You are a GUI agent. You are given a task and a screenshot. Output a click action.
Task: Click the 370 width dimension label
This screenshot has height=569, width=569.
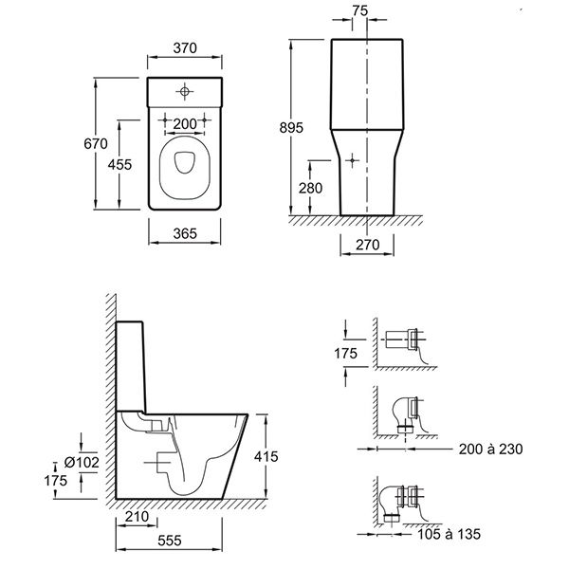(x=185, y=48)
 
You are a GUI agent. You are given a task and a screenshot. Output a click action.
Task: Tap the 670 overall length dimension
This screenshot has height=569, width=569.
(x=96, y=144)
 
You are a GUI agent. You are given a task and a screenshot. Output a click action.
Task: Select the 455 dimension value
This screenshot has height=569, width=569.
(x=119, y=165)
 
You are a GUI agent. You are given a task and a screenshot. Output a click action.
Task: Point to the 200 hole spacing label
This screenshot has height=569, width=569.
(x=185, y=124)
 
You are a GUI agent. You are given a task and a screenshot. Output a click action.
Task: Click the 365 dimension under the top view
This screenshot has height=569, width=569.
(x=185, y=233)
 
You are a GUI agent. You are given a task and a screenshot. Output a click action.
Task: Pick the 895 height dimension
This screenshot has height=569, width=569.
(x=291, y=128)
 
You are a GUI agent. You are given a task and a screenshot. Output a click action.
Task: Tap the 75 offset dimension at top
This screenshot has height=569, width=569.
(x=360, y=10)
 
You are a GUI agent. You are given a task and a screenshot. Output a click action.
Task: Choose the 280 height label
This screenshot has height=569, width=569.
(x=311, y=188)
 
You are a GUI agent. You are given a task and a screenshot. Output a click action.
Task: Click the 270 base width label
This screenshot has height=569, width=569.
(x=368, y=245)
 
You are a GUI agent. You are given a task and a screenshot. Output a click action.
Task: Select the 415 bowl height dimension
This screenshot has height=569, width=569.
(x=266, y=456)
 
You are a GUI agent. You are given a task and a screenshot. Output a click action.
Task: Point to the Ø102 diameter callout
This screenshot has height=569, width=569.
(x=82, y=463)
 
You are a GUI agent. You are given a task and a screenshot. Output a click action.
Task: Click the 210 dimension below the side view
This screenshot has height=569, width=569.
(x=137, y=517)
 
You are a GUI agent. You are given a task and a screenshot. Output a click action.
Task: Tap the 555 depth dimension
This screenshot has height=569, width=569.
(x=170, y=541)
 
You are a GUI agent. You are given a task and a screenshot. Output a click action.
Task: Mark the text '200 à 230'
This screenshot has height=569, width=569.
(x=490, y=450)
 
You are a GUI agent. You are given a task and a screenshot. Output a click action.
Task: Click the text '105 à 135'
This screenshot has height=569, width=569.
(x=449, y=534)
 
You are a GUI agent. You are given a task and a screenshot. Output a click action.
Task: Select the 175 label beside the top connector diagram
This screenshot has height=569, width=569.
(x=345, y=354)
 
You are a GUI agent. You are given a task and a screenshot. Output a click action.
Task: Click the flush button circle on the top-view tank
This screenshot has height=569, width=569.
(x=185, y=91)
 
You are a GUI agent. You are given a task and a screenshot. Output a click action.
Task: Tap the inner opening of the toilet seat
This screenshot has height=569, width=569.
(x=185, y=161)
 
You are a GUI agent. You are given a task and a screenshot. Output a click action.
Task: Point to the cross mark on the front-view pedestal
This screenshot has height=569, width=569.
(x=352, y=160)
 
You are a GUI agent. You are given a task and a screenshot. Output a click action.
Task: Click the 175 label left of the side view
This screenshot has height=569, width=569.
(x=56, y=481)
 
